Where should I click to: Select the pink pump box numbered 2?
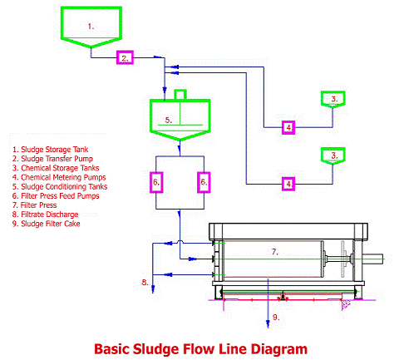(125, 57)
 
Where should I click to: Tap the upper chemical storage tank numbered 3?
(333, 99)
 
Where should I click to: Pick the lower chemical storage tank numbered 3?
(333, 155)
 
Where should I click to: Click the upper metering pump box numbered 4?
(288, 127)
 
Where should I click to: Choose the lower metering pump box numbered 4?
(288, 184)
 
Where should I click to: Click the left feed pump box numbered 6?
(156, 182)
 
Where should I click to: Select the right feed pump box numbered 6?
(204, 182)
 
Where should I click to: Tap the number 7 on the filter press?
(274, 252)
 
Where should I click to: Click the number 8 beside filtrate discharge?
(145, 283)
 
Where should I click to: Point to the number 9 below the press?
(276, 317)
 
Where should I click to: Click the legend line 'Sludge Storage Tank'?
(50, 150)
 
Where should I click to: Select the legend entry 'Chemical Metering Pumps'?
(59, 177)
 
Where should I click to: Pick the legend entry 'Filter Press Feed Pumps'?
(56, 196)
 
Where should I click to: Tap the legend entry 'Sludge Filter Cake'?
(47, 224)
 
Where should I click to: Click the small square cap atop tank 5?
(180, 94)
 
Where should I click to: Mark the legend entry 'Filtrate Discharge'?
(45, 215)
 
